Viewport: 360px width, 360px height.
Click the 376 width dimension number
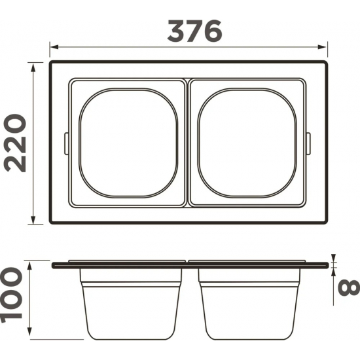click(195, 31)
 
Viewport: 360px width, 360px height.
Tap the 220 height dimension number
click(15, 143)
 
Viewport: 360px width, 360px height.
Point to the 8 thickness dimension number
click(348, 287)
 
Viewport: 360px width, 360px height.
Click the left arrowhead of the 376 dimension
click(54, 47)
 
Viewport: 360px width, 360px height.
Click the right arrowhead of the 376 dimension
click(322, 47)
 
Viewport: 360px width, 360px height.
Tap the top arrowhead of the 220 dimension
click(33, 67)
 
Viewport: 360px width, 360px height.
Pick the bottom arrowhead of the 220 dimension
click(33, 219)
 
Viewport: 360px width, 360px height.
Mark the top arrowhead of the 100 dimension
click(29, 266)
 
